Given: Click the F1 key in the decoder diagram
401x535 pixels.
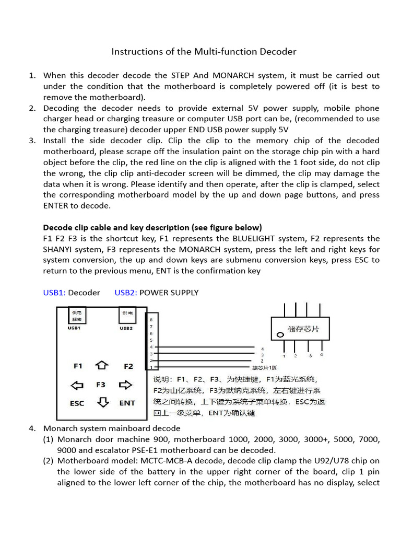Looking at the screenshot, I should (x=78, y=366).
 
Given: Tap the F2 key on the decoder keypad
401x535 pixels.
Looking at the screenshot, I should (x=128, y=366).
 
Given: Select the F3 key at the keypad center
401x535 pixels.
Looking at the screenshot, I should (x=101, y=385).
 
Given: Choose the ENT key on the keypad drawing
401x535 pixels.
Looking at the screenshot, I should (x=127, y=403).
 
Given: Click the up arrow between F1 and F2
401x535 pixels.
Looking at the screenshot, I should (x=102, y=365).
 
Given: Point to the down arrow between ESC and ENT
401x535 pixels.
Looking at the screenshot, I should (x=103, y=402).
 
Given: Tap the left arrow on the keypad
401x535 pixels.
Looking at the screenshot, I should (x=77, y=385).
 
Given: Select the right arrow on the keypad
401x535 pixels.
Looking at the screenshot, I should (x=126, y=385).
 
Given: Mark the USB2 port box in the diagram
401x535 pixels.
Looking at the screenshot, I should (x=127, y=316).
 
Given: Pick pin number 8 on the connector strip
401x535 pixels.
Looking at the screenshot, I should (x=151, y=319).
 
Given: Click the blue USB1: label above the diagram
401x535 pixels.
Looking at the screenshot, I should (x=54, y=293).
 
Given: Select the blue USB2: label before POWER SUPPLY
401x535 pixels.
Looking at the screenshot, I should (x=126, y=293).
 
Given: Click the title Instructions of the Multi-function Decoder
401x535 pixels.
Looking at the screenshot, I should (x=204, y=52).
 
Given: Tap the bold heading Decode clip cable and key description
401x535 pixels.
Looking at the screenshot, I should (x=152, y=227).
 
